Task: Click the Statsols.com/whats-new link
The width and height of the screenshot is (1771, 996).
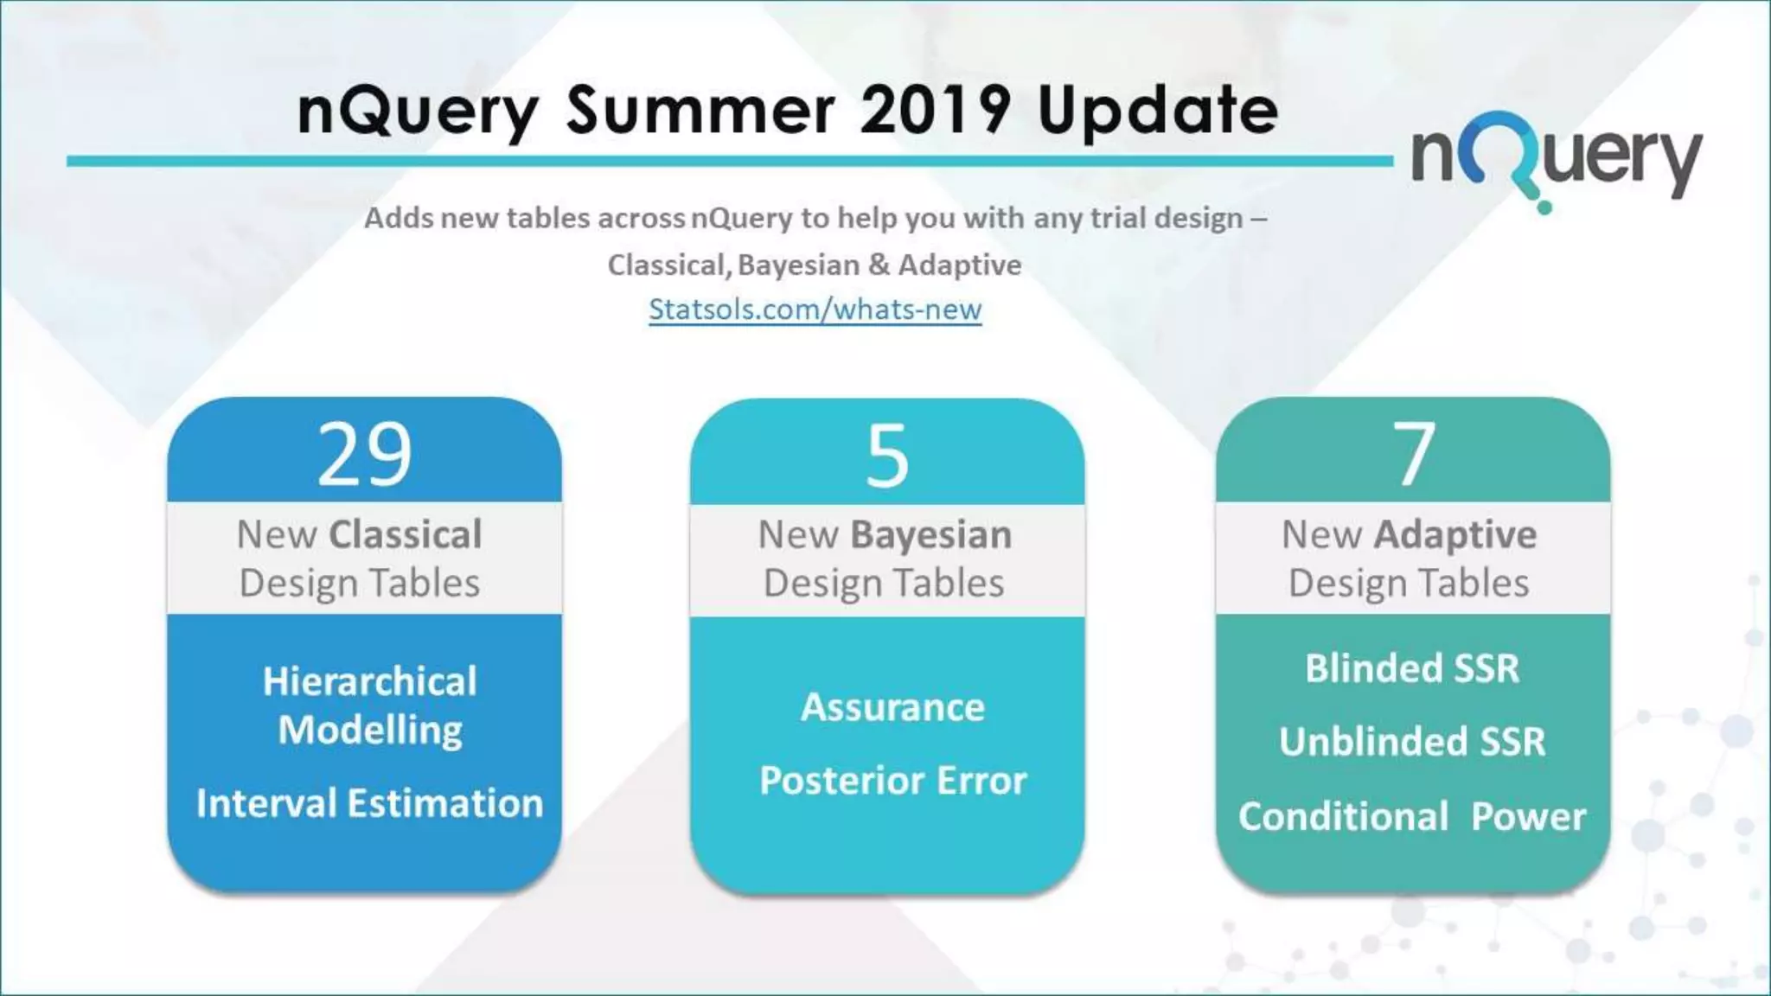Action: (x=815, y=310)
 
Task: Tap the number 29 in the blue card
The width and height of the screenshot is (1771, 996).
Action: (x=364, y=455)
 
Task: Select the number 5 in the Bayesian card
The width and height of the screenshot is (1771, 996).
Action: (x=887, y=456)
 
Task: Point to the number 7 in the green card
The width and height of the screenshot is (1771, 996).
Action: (x=1413, y=455)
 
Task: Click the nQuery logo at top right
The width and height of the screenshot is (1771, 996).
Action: (x=1557, y=160)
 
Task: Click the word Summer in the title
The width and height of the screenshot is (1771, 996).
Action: (x=700, y=111)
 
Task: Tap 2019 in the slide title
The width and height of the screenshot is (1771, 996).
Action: (x=936, y=111)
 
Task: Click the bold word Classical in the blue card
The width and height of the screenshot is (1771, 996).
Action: (x=406, y=534)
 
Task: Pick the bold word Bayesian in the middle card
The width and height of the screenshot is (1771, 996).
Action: (x=930, y=535)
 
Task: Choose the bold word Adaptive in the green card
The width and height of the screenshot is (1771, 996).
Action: (x=1455, y=535)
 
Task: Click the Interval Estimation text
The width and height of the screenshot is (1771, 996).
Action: (x=369, y=803)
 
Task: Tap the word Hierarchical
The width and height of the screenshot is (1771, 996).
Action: (x=369, y=681)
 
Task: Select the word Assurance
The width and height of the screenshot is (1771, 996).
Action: (x=892, y=707)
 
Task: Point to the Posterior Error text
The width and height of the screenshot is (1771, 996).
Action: (x=892, y=781)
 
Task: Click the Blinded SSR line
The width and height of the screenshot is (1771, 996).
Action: (x=1412, y=668)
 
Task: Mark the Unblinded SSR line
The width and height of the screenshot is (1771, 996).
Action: (x=1412, y=742)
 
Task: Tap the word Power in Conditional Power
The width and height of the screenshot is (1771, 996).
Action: (x=1528, y=816)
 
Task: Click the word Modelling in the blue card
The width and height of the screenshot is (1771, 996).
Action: (x=370, y=731)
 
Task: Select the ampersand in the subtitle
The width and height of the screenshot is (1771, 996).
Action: (x=879, y=265)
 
